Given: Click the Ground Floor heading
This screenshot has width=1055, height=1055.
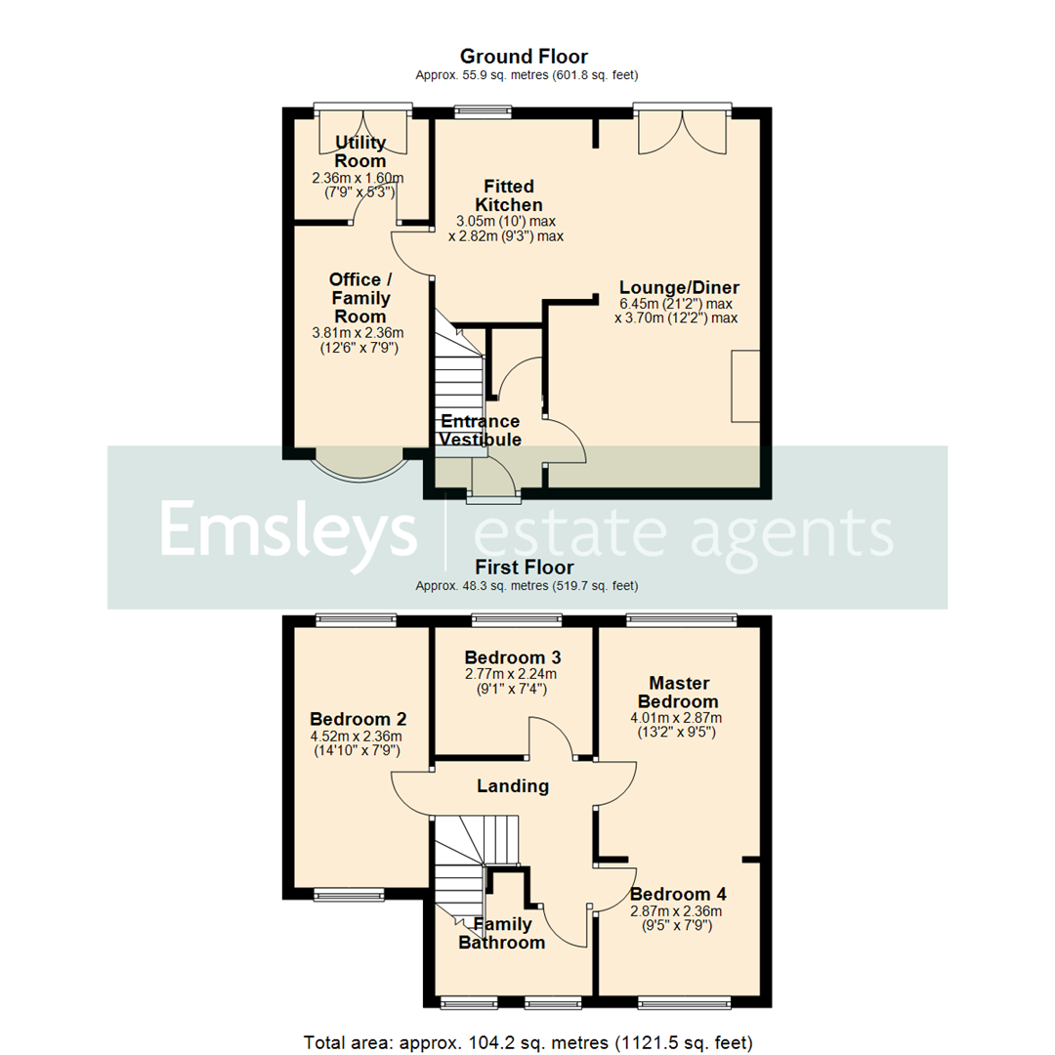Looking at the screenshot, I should click(524, 57).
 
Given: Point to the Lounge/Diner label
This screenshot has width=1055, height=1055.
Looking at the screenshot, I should click(679, 287).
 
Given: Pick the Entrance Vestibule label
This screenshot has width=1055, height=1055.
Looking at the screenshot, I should click(479, 431).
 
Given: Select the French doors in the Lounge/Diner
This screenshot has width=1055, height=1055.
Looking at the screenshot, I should click(683, 129).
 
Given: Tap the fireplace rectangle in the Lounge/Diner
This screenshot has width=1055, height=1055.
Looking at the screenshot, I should click(744, 386).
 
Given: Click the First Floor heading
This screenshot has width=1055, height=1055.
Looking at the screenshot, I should click(524, 567).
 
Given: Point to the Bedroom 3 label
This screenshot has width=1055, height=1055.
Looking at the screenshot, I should click(513, 655).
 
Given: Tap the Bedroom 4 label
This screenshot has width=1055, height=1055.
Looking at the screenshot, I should click(678, 894).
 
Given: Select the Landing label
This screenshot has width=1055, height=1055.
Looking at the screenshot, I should click(512, 785).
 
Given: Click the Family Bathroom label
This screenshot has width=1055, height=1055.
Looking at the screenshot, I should click(502, 933).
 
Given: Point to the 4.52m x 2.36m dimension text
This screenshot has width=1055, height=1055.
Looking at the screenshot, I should click(356, 737).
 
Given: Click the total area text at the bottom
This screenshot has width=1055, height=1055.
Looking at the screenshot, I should click(527, 1041).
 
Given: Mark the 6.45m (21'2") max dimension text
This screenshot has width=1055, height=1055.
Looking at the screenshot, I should click(676, 304).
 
